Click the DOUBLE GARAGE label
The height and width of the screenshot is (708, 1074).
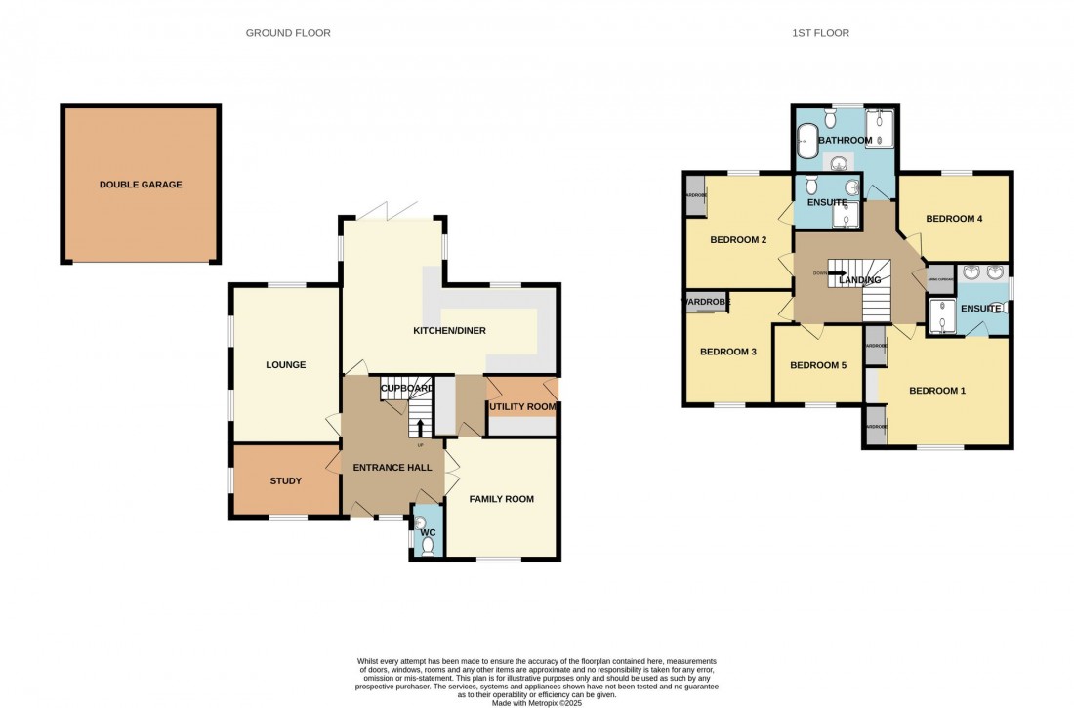[x=141, y=185]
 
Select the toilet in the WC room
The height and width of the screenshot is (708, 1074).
[x=427, y=545]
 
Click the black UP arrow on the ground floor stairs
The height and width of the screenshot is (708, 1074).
[x=420, y=427]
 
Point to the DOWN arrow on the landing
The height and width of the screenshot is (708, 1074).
[x=838, y=272]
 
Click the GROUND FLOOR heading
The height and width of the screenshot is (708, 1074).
[x=288, y=33]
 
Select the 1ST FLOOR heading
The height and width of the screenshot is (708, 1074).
[x=820, y=33]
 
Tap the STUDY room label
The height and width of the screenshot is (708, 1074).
[x=286, y=480]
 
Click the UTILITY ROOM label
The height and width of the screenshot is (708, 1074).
[x=522, y=406]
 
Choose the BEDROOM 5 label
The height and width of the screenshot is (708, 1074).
[x=818, y=365]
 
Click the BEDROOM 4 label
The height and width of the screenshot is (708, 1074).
[x=953, y=219]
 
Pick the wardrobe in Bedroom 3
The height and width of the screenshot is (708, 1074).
[x=708, y=302]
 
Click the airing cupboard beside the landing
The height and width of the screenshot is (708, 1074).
[x=940, y=277]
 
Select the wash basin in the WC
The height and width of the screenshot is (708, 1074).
[x=421, y=523]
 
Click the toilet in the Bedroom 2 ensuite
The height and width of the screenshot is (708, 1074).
[x=811, y=185]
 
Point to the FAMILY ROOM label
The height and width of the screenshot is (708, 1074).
[x=502, y=499]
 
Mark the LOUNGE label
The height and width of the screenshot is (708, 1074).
[x=286, y=365]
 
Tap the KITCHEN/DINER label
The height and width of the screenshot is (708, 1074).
[x=449, y=331]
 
